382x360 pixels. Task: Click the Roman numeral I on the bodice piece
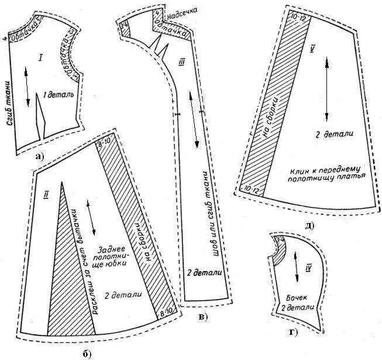coord(40,57)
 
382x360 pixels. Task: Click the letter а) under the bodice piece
coord(40,156)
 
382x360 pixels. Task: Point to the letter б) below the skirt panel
coord(87,352)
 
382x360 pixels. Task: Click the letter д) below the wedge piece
coord(308,226)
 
